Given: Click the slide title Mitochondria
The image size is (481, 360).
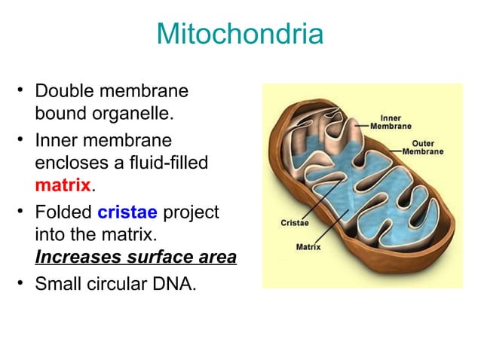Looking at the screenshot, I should click(x=240, y=35).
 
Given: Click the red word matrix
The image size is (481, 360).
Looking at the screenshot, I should click(x=63, y=185).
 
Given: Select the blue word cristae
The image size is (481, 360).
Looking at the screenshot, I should click(x=127, y=212).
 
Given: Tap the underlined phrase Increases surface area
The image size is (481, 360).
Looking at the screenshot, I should click(x=136, y=258).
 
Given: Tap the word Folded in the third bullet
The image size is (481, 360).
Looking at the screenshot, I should click(x=64, y=212).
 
